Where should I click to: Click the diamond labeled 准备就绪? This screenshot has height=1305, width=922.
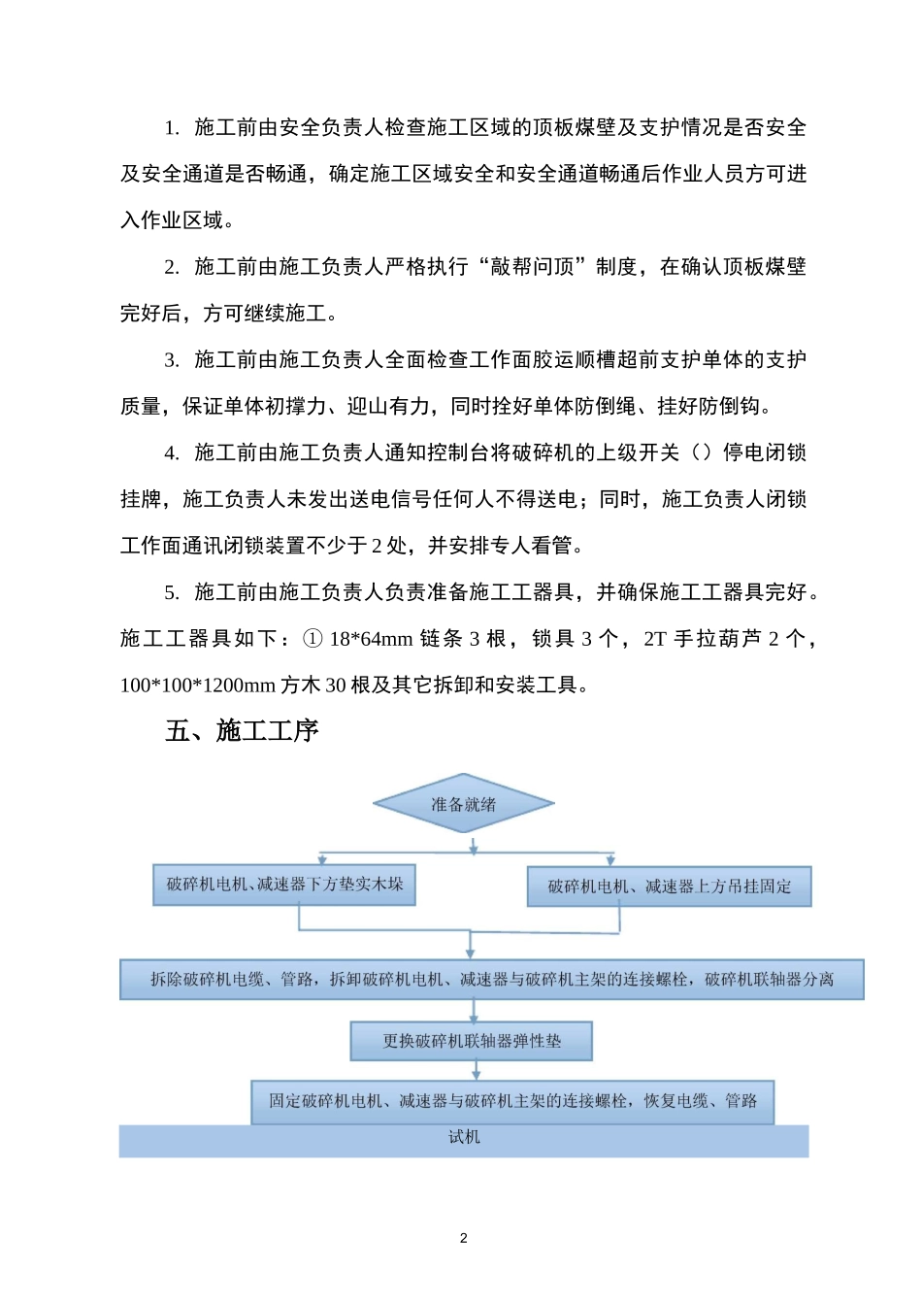pos(464,804)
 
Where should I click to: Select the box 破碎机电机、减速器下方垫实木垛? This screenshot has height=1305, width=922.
pos(284,885)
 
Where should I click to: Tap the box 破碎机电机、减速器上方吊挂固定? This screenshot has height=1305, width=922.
pos(669,887)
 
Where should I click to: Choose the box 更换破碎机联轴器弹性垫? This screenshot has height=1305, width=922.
pos(472,1041)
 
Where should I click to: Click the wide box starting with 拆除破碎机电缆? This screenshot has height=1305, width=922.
pos(491,979)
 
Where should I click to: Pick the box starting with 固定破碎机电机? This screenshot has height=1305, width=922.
pos(512,1101)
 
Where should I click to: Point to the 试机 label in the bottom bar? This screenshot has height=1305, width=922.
pos(464,1137)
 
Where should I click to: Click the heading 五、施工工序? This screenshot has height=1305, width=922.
pos(242,730)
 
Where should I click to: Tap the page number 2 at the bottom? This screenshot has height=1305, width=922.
pos(463,1238)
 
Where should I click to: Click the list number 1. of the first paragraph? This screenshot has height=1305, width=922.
pos(172,127)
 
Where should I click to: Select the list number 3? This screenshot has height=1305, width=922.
pos(172,360)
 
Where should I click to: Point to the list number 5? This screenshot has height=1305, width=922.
pos(172,592)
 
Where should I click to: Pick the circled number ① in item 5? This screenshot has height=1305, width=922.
pos(313,639)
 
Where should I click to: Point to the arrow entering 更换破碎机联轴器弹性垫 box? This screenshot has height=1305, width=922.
pos(474,1010)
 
